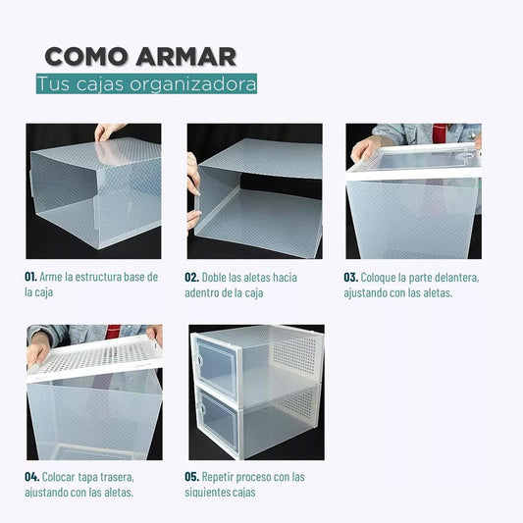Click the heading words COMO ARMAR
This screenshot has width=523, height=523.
(140, 56)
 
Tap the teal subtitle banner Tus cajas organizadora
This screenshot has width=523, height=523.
(147, 83)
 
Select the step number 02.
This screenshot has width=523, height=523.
(192, 278)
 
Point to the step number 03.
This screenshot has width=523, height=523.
(350, 278)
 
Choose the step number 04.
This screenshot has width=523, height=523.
(32, 478)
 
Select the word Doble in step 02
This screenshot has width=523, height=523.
(216, 278)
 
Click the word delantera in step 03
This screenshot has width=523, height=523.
(450, 278)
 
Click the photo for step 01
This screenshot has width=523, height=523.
(93, 190)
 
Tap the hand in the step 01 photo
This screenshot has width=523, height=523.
(108, 131)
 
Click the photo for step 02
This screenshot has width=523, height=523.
(254, 190)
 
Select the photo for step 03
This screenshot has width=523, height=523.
(413, 190)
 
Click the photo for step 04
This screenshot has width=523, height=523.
(93, 392)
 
